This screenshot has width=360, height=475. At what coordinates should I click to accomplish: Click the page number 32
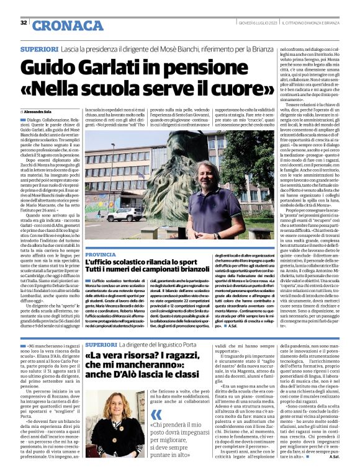pyautogui.click(x=24, y=23)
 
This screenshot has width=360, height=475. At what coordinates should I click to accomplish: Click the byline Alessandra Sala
pyautogui.click(x=40, y=113)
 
